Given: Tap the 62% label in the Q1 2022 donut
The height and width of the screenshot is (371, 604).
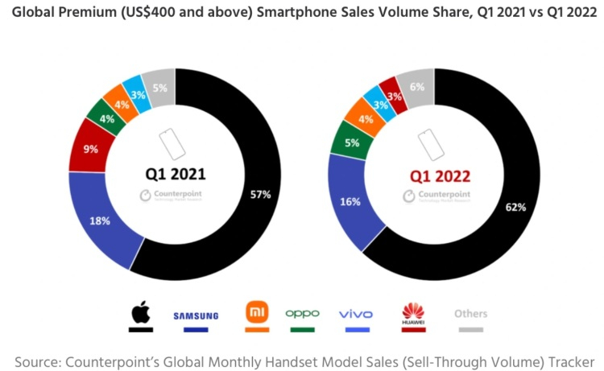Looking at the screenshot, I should (515, 207).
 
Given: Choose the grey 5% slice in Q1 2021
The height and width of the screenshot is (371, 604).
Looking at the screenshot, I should (160, 88).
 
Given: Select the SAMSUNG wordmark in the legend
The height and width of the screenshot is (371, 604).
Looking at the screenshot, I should (196, 315).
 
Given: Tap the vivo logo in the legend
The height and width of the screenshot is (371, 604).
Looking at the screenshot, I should (354, 313).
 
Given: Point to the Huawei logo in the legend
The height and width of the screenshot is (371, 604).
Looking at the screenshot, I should (413, 313).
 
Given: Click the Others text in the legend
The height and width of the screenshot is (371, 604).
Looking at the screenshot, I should (470, 314).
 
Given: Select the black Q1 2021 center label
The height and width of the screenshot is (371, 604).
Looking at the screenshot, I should (175, 174).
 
